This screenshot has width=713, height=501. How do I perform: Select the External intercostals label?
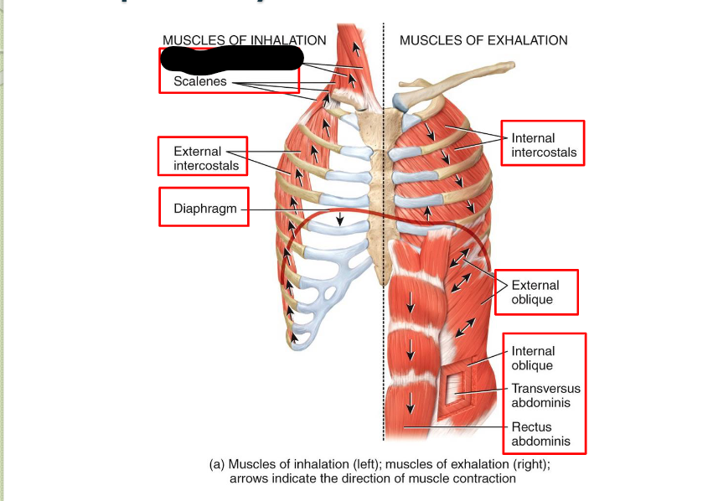[x=205, y=158]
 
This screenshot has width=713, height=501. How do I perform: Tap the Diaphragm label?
[x=206, y=209]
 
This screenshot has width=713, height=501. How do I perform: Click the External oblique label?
[x=535, y=292]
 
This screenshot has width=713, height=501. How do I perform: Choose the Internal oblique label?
[x=533, y=359]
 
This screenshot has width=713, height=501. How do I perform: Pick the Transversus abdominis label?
[x=545, y=395]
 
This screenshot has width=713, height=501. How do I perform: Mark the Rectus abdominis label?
[x=541, y=434]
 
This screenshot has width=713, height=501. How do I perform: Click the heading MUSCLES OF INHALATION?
[x=244, y=40]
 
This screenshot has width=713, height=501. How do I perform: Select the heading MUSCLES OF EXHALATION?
[x=483, y=40]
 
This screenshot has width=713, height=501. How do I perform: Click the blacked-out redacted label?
[x=231, y=59]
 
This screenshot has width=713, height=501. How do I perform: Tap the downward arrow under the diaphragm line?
[x=340, y=219]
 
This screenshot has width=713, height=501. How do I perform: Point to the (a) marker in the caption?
[x=217, y=464]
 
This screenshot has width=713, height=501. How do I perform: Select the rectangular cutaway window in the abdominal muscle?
[x=459, y=387]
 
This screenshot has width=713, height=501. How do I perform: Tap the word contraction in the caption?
[x=487, y=479]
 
